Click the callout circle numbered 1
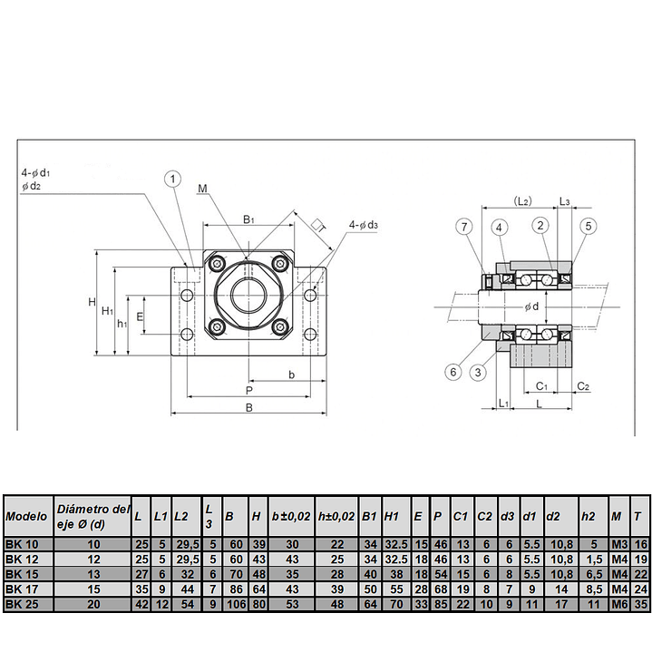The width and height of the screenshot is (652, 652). [x=172, y=180]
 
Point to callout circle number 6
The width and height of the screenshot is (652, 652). [x=453, y=370]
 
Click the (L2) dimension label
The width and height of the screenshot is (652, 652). [x=521, y=199]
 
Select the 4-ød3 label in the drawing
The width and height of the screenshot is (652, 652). [x=363, y=225]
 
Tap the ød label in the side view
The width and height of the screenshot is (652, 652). [x=531, y=307]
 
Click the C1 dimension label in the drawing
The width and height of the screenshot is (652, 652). [x=541, y=386]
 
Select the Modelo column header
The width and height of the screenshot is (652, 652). [x=27, y=516]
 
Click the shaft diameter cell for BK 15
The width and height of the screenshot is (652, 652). [x=92, y=574]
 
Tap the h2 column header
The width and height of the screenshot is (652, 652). [x=588, y=516]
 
